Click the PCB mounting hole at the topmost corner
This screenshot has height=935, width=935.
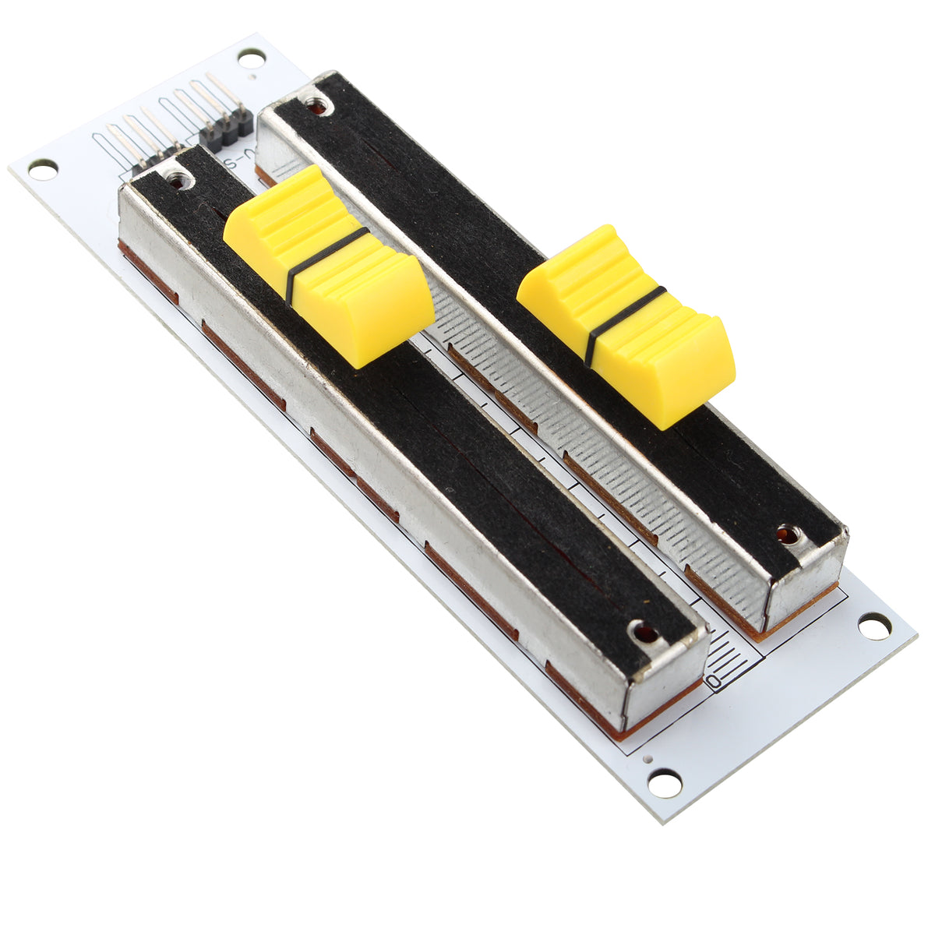tap(251, 57)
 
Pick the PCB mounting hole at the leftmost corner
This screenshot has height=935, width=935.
tap(42, 168)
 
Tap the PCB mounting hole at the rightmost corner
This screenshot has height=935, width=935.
tap(874, 626)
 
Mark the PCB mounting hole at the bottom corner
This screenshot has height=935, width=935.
tap(665, 782)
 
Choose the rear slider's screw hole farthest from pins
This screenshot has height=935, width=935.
tap(789, 535)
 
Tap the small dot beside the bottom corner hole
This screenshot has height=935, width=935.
tap(645, 757)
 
